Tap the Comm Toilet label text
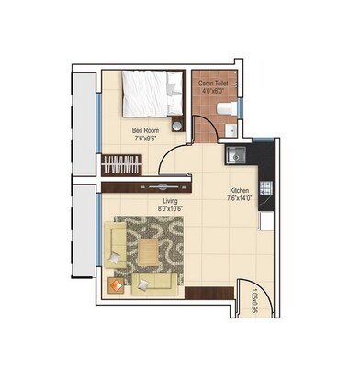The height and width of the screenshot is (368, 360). point(218,84)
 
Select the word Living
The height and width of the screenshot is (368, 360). point(169,200)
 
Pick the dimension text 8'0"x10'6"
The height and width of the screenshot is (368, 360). point(169,209)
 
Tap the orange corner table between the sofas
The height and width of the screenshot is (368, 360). point(116,285)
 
